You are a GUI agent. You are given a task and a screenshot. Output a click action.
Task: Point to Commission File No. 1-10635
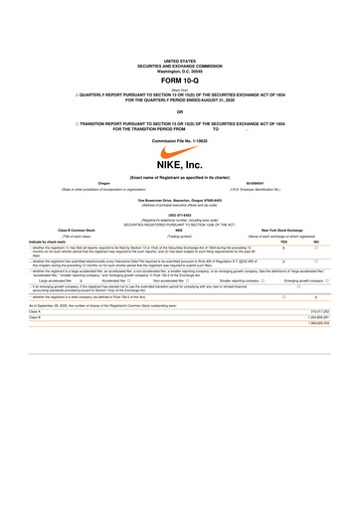pyautogui.click(x=180, y=141)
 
